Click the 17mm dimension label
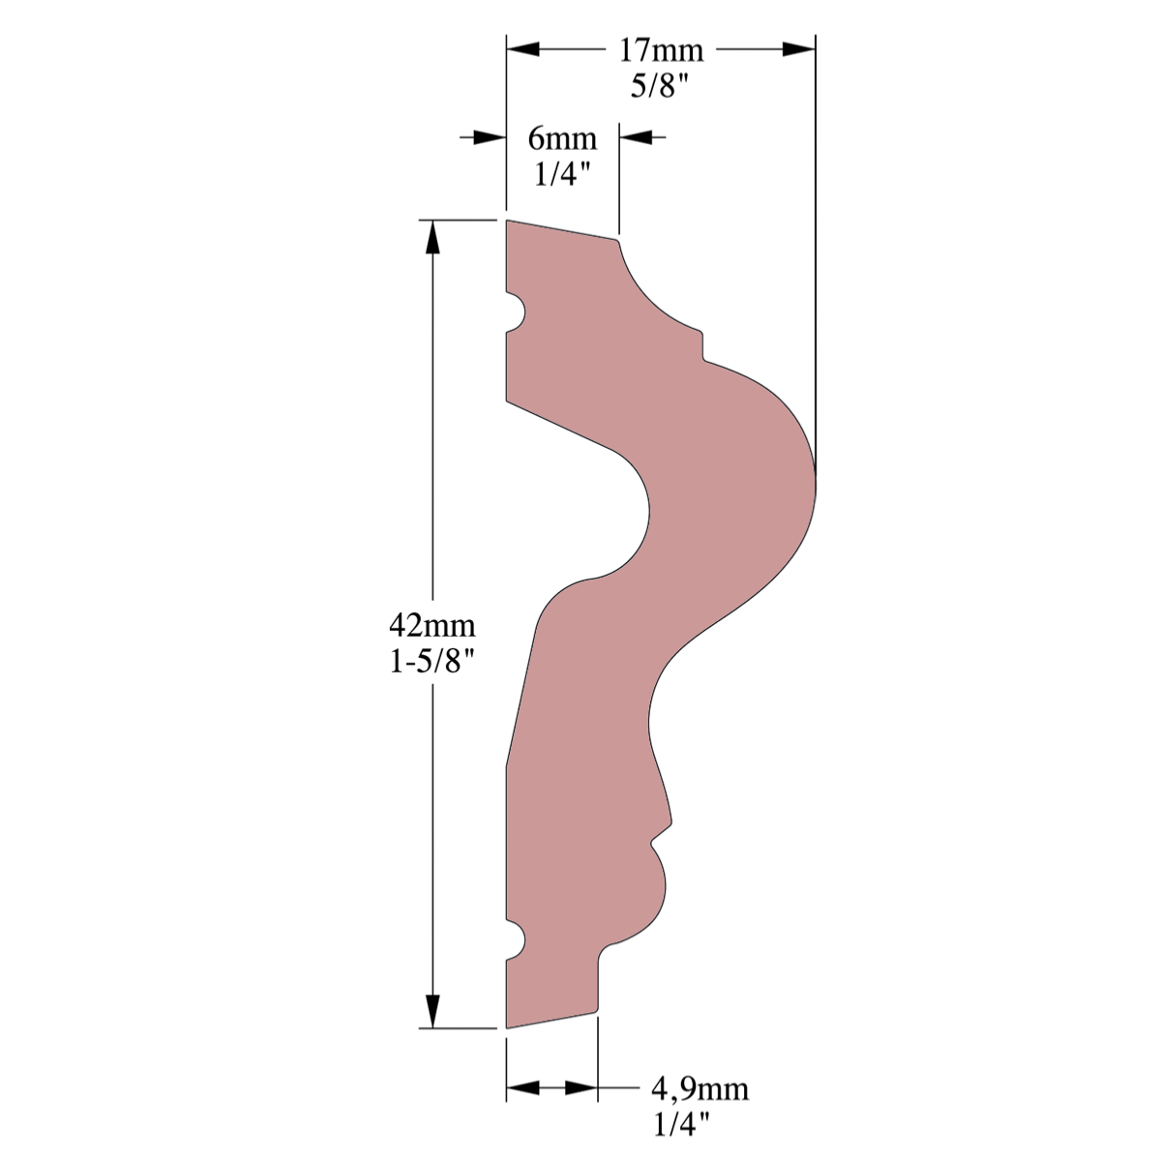pos(661,50)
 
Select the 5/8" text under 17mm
pos(660,85)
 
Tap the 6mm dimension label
pos(562,138)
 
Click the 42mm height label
pos(432,625)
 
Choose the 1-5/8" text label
pos(432,661)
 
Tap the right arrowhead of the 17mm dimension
pos(799,49)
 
